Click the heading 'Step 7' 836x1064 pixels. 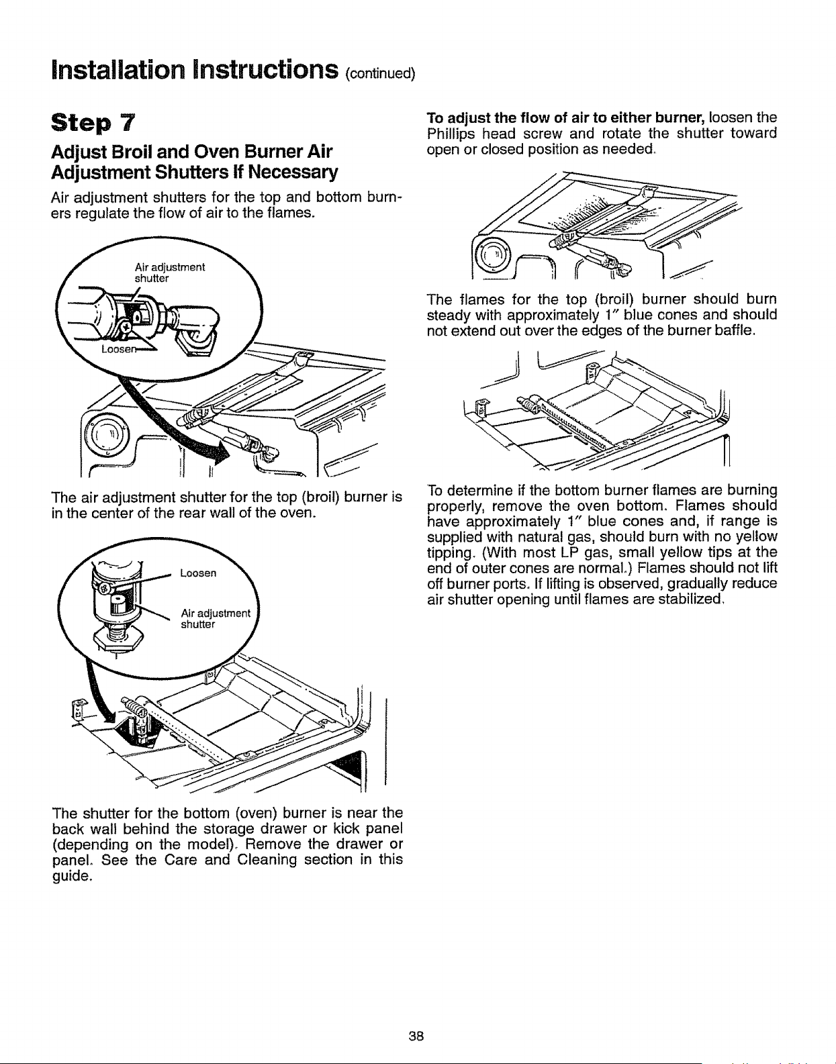(93, 122)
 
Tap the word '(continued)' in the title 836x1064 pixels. (381, 73)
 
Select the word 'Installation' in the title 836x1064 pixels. (119, 70)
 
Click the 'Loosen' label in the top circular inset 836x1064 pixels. (118, 348)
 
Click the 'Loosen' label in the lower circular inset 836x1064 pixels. (198, 573)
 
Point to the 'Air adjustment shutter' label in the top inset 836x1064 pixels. (169, 273)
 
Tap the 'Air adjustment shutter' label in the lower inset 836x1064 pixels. (215, 618)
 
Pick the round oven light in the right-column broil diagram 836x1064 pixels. (492, 254)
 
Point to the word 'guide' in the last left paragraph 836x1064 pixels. (71, 876)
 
